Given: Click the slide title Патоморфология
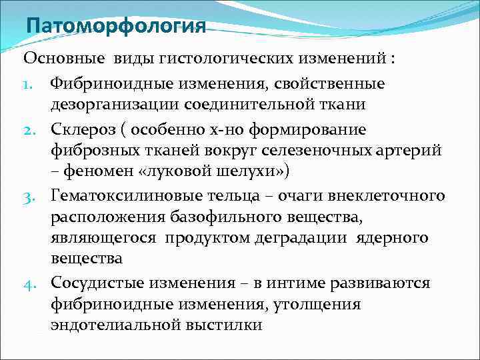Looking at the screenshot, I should [x=115, y=26].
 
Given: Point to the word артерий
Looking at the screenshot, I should [x=408, y=151].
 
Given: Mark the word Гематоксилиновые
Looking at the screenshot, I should [x=124, y=195].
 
